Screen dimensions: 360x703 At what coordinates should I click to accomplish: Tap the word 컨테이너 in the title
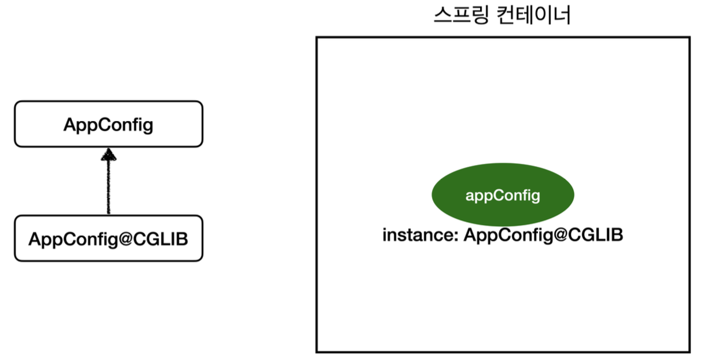533,16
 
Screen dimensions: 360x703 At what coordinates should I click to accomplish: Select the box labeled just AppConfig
108,124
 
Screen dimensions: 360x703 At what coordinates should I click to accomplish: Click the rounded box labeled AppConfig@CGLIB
108,238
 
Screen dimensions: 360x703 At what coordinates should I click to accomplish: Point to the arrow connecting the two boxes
108,185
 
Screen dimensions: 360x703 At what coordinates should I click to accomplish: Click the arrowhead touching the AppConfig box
108,153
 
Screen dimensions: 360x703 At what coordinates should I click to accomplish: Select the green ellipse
502,195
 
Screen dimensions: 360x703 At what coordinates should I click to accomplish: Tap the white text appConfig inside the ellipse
502,196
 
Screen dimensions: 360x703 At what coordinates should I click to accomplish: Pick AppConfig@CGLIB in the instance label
543,236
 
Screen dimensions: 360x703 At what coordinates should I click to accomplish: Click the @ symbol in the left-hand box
124,239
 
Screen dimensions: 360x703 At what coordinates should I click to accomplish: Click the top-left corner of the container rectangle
317,38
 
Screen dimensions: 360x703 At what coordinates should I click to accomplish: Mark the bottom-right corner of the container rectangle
690,351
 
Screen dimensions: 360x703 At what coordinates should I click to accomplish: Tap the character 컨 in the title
504,16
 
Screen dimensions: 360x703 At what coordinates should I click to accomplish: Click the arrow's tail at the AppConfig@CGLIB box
108,212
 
